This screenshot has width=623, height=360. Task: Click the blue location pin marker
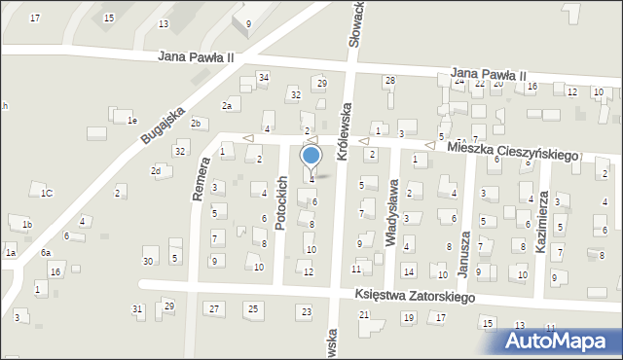pos(311,156)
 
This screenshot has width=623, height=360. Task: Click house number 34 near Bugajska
pos(263,77)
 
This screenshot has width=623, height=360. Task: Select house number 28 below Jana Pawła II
pos(389,80)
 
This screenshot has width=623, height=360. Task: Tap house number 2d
pos(155,171)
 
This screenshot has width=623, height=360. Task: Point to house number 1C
pos(46,193)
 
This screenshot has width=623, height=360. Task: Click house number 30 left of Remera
pos(148,262)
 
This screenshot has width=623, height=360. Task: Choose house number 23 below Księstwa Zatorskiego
pos(306,311)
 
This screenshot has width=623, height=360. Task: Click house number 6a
pos(45,252)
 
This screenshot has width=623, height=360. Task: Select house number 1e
pos(131,120)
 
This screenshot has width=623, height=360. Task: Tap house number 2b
pos(196,123)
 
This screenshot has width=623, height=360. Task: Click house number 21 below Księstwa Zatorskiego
pos(364,314)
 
